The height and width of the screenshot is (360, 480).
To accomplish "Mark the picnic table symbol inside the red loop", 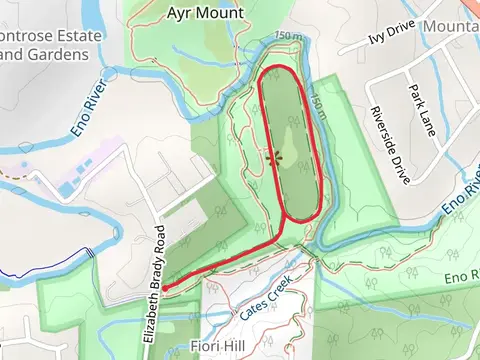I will click(273, 157).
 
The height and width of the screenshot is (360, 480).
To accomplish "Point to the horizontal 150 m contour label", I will click(287, 37).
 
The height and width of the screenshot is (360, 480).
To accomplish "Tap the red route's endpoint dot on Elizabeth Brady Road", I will click(164, 288).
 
